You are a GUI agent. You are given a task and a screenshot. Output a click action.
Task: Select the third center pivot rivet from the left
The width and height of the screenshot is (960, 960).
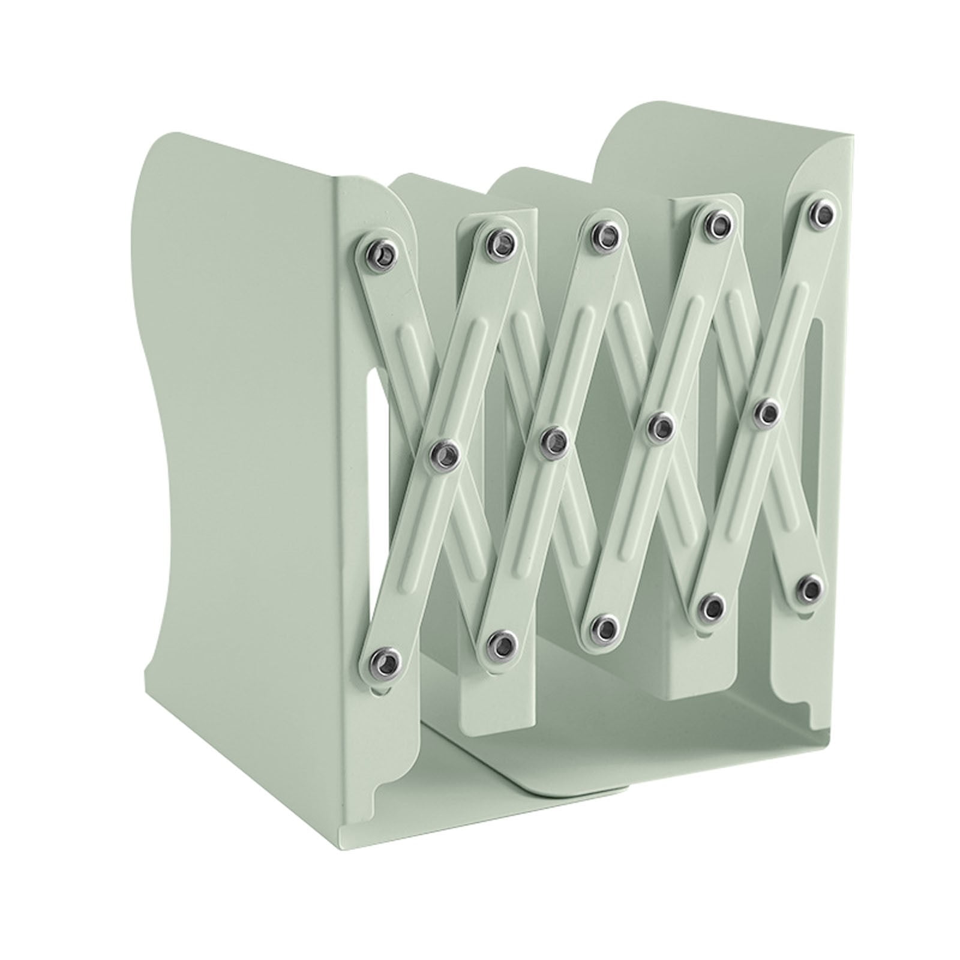pos(662,427)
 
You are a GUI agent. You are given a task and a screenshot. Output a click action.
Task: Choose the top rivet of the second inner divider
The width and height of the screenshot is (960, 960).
pos(716,221)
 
